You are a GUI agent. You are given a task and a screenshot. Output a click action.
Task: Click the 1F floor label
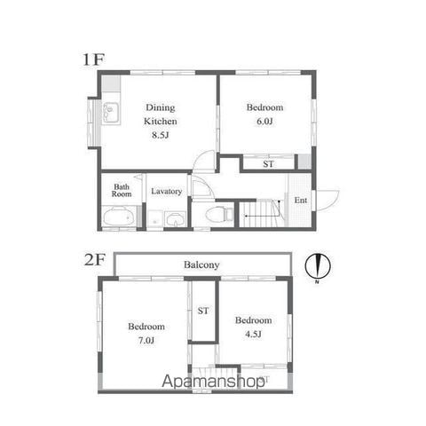(94, 59)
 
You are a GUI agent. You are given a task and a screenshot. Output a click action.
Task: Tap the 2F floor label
(95, 260)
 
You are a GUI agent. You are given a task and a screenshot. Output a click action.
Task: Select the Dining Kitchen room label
(161, 114)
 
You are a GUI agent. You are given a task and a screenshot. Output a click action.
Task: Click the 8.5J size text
(160, 135)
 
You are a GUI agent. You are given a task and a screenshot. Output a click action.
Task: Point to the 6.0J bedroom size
(264, 122)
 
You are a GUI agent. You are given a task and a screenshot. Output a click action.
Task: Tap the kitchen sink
(111, 113)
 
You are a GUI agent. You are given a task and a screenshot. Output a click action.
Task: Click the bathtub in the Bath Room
(118, 217)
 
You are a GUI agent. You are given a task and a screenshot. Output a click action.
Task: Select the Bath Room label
(122, 191)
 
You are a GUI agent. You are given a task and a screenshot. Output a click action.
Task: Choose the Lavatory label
(167, 192)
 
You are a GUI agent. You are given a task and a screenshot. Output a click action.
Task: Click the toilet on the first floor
(219, 214)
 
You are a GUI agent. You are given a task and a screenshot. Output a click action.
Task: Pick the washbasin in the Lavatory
(175, 219)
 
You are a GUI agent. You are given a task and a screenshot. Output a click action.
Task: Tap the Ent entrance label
(301, 201)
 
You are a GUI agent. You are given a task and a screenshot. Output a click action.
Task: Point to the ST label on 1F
(268, 164)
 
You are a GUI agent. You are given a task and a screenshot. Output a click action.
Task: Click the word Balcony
(201, 264)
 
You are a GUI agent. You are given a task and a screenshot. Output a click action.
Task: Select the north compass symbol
(318, 265)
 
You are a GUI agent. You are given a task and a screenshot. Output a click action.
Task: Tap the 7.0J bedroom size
(146, 341)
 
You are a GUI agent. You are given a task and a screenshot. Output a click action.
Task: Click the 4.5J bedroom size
(253, 334)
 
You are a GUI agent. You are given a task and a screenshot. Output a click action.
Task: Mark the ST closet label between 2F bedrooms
(203, 311)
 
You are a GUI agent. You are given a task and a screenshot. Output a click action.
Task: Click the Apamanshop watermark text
(214, 381)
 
